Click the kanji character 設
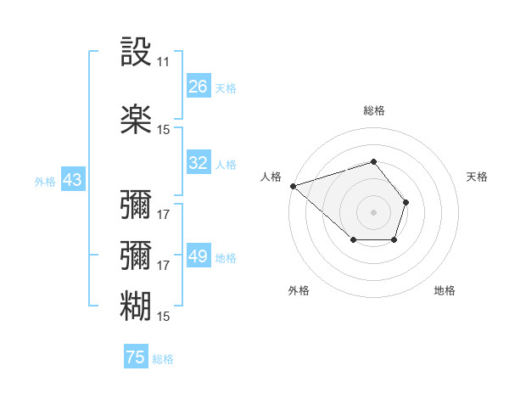[x=136, y=53]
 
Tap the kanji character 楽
[x=136, y=119]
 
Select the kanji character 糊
[x=136, y=305]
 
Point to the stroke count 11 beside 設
[x=163, y=62]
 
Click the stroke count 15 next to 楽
[x=163, y=129]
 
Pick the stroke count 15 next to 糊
[x=163, y=316]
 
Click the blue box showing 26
[x=199, y=87]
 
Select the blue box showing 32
[x=199, y=164]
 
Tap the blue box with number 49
[x=199, y=257]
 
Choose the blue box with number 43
[x=72, y=181]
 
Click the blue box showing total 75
[x=136, y=358]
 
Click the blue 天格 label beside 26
[x=226, y=87]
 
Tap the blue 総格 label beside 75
[x=163, y=359]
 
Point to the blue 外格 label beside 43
[x=45, y=182]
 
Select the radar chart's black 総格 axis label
[x=374, y=110]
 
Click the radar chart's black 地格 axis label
[x=445, y=290]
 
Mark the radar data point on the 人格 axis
[x=293, y=186]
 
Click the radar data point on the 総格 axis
[x=374, y=161]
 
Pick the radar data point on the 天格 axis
[x=406, y=202]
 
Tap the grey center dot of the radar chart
[x=374, y=211]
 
